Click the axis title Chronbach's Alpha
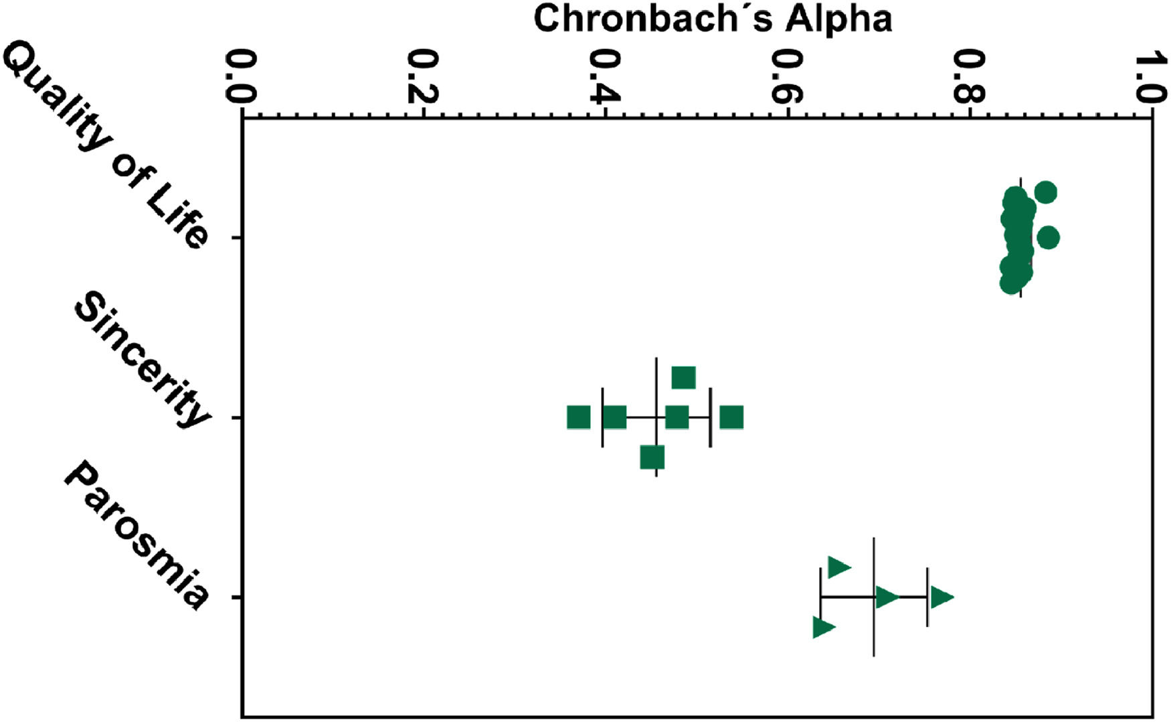(712, 19)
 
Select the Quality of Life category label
(107, 144)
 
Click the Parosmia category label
(137, 536)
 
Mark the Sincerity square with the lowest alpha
(579, 417)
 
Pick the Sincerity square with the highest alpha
(732, 417)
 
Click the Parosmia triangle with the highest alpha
(941, 597)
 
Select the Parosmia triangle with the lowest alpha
(823, 628)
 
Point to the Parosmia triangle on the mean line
(887, 597)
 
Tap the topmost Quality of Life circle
(1045, 193)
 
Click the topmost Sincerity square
(684, 378)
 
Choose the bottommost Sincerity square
(652, 457)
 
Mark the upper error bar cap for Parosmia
(927, 597)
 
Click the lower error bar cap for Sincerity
(603, 417)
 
